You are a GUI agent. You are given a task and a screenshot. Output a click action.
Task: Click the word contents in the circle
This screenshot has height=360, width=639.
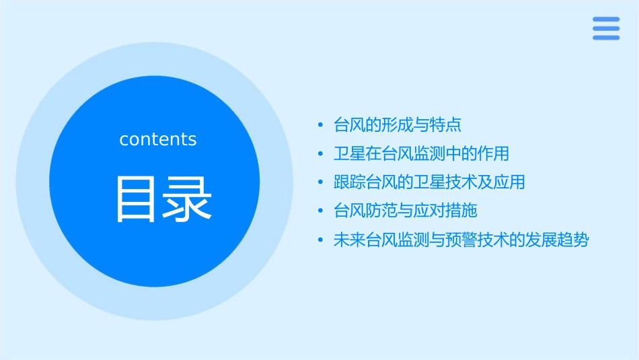pos(158,139)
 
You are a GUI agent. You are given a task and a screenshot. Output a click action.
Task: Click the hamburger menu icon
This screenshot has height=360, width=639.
pos(606,28)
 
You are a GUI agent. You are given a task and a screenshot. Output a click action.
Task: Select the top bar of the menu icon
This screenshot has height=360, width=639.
pos(606,20)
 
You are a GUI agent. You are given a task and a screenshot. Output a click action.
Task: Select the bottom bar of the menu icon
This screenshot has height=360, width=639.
pos(606,37)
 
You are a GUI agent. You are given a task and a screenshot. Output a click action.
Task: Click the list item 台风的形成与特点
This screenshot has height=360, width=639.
pos(398,124)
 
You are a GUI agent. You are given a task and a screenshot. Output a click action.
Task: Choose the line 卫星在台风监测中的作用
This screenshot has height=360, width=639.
pos(421,153)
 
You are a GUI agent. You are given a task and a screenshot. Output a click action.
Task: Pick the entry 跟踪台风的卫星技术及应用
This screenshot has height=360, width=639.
pos(429,182)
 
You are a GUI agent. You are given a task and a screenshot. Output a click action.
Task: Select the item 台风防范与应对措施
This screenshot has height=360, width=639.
pos(406,211)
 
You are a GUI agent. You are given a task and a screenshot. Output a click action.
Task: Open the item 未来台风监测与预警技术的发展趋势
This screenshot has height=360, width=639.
pos(461,240)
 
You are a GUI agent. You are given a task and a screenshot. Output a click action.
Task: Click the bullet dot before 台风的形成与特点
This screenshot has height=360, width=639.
pos(320,125)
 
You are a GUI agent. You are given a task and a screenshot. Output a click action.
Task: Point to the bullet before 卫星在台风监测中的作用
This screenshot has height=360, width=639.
pos(320,154)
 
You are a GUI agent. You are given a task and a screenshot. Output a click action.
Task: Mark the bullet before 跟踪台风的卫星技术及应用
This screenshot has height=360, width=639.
pos(320,183)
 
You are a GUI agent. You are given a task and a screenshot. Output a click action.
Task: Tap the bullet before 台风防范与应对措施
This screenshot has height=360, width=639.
pos(320,212)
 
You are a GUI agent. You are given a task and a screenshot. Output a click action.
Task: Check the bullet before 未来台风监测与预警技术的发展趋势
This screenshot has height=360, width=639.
pos(320,241)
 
